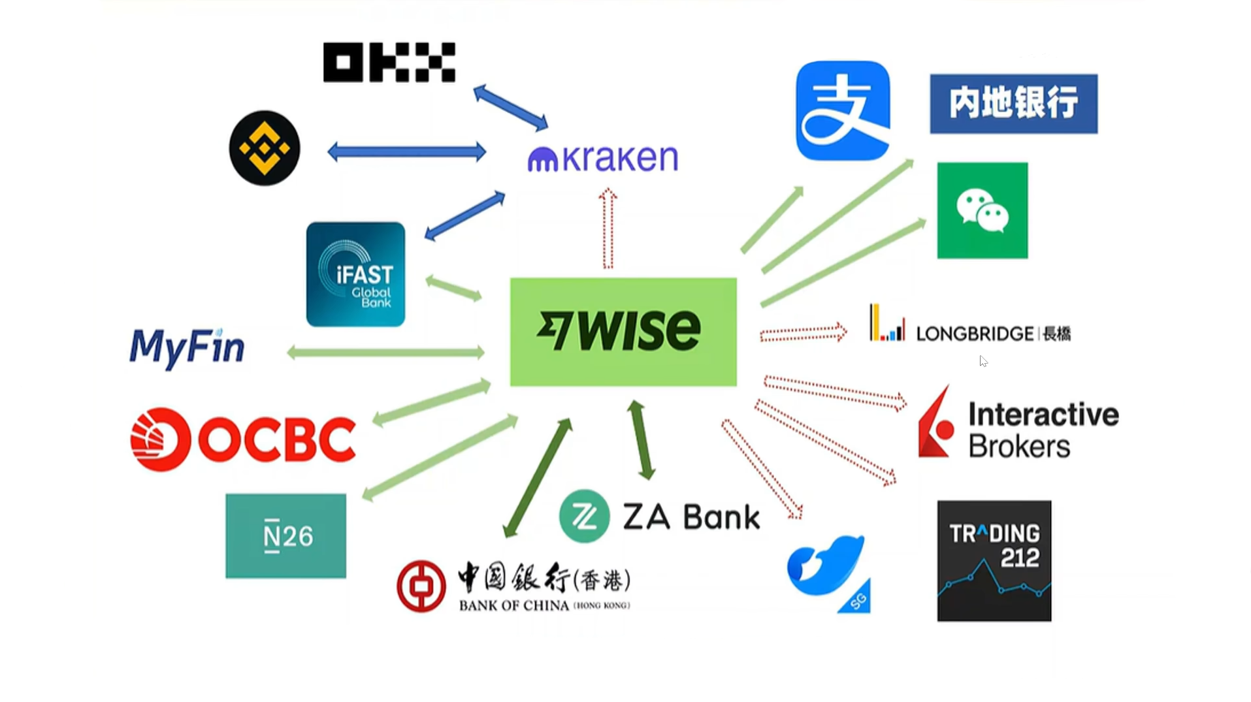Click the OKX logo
pos(389,63)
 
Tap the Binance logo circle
pos(265,148)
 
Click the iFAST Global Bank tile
pos(355,274)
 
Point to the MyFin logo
pos(187,347)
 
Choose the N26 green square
pos(285,535)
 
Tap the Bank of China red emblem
pos(421,586)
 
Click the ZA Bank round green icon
pos(584,517)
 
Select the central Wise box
pos(623,332)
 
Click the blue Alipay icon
pos(843,110)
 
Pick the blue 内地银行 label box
pos(1013,104)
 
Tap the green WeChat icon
pos(982,210)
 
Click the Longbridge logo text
pos(993,334)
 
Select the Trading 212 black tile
pos(994,560)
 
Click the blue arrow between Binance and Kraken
pos(406,152)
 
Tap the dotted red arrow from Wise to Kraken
pos(608,229)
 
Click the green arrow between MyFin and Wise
pos(385,353)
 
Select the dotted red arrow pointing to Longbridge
pos(803,334)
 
